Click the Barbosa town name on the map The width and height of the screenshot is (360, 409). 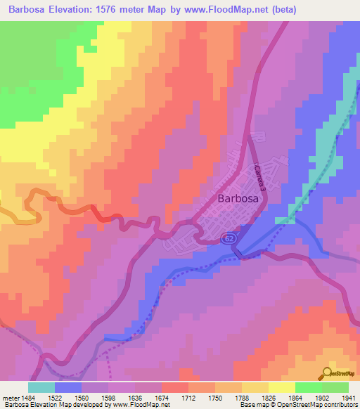click(238, 199)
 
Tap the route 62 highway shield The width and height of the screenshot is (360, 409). click(230, 239)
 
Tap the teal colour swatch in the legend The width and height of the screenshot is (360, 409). click(41, 387)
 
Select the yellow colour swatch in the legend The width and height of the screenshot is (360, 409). click(281, 387)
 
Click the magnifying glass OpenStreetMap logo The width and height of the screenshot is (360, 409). click(328, 373)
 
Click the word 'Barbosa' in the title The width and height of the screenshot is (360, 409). click(31, 9)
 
